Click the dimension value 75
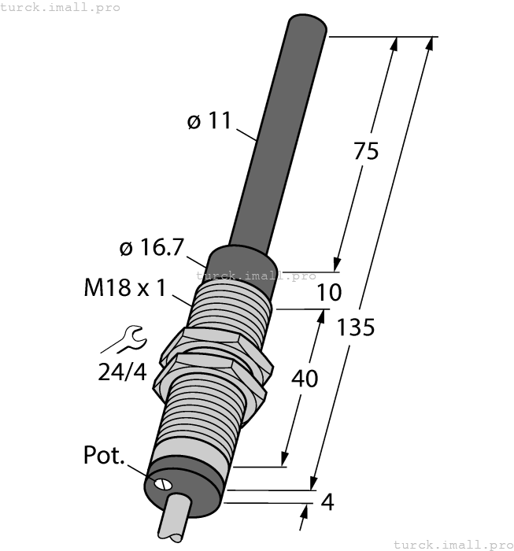(366, 150)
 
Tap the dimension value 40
(305, 379)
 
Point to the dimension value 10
(329, 293)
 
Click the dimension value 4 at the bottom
(327, 502)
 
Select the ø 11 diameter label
(209, 121)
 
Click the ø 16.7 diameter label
(151, 248)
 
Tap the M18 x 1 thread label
(124, 288)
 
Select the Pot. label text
(104, 456)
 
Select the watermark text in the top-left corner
(61, 7)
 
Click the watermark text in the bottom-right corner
(452, 544)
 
